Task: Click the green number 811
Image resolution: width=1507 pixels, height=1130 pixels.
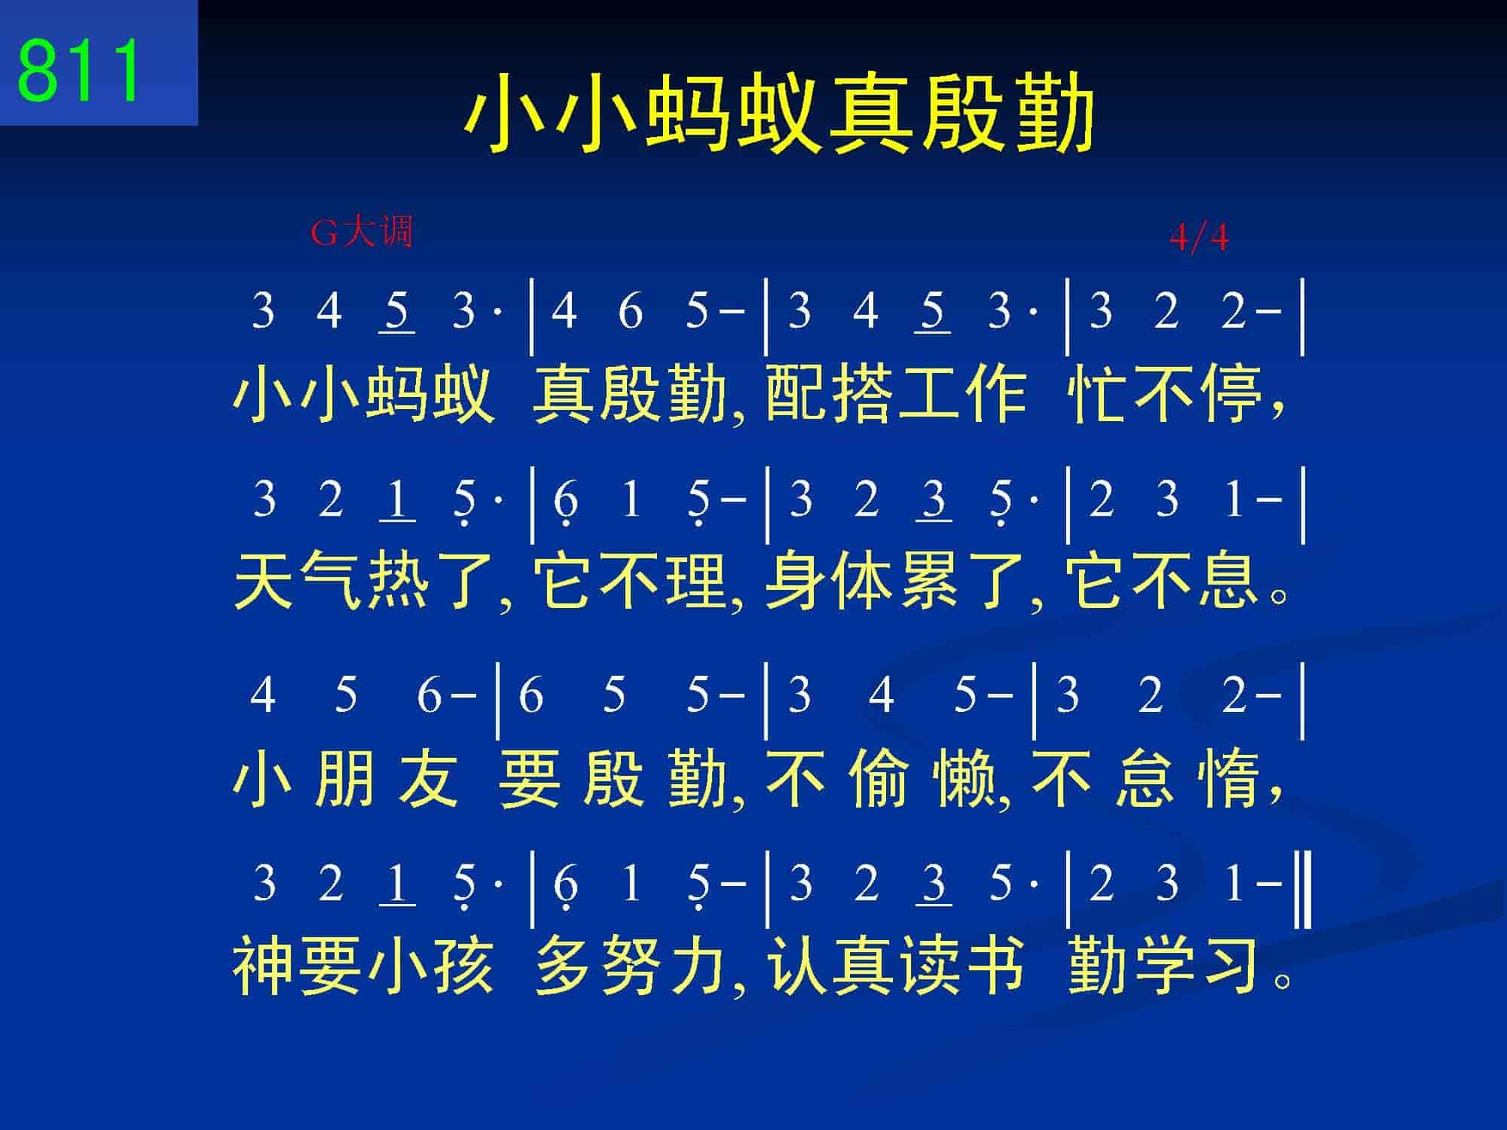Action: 79,70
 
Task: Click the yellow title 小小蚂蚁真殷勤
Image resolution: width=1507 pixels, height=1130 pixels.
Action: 779,113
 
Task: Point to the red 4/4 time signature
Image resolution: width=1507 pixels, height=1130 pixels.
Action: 1199,238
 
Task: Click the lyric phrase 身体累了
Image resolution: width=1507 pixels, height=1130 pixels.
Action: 896,581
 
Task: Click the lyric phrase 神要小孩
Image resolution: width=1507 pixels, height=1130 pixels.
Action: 364,966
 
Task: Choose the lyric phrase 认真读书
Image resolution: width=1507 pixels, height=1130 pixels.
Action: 896,966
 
